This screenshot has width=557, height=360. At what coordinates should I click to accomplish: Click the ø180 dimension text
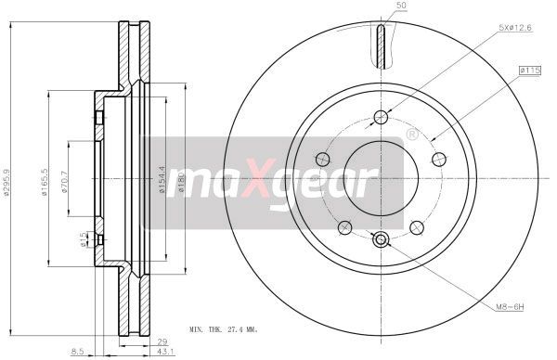click(182, 178)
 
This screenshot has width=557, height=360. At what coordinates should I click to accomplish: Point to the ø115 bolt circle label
click(530, 69)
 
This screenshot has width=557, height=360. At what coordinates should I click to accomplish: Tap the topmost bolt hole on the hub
click(380, 116)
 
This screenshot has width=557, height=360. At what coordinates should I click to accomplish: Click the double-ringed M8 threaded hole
click(380, 241)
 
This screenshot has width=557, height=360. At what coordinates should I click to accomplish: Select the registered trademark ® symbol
click(411, 135)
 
